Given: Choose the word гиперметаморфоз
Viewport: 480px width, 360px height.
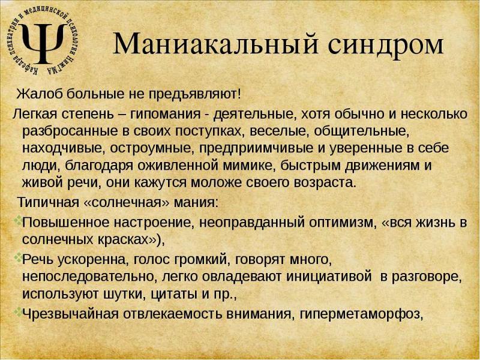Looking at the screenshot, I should (x=371, y=313).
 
